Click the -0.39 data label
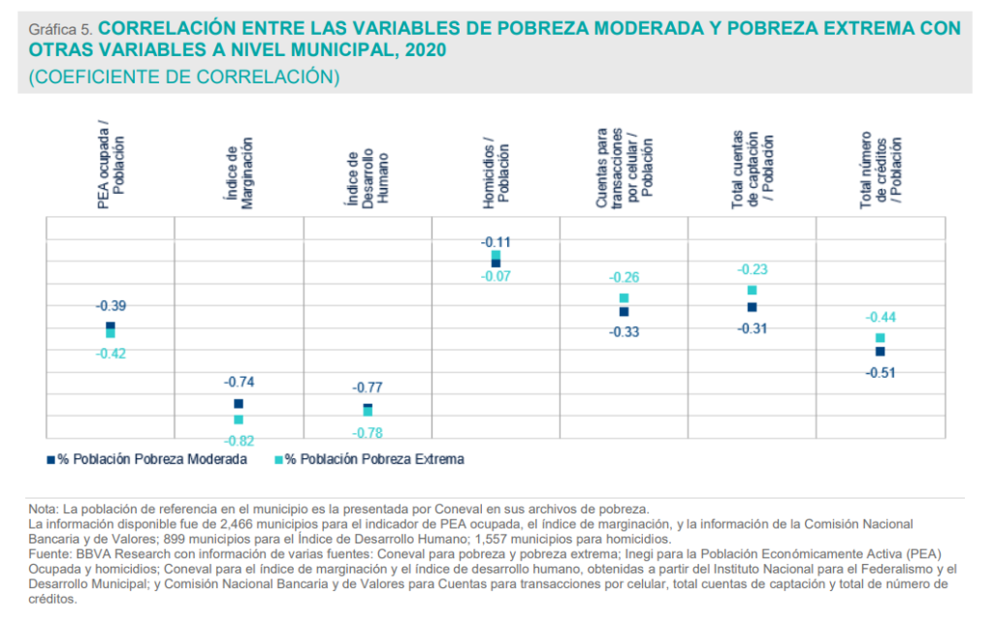click(x=111, y=306)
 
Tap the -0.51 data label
click(x=881, y=373)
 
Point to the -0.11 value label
click(x=496, y=242)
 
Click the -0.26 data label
click(x=624, y=277)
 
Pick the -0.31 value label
click(x=752, y=328)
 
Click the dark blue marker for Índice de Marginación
click(x=239, y=404)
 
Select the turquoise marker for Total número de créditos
click(x=881, y=338)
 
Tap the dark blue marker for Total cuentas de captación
click(x=752, y=307)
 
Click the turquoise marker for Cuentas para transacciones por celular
click(x=624, y=298)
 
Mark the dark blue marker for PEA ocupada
click(x=111, y=326)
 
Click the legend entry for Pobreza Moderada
click(x=146, y=459)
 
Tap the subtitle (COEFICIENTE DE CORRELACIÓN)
click(x=184, y=77)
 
